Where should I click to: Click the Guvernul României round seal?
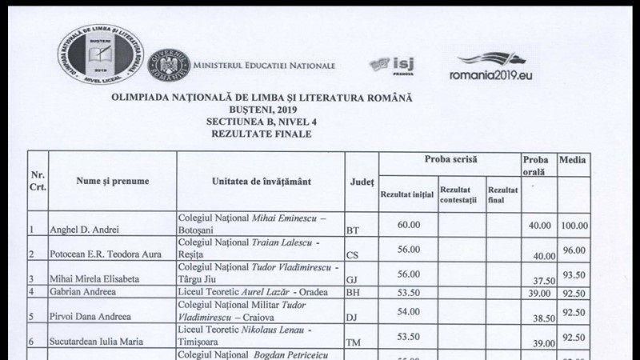169,64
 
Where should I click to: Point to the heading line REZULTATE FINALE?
262,134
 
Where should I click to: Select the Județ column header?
362,182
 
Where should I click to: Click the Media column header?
573,160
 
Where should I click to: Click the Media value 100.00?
574,226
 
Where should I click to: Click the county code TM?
354,342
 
